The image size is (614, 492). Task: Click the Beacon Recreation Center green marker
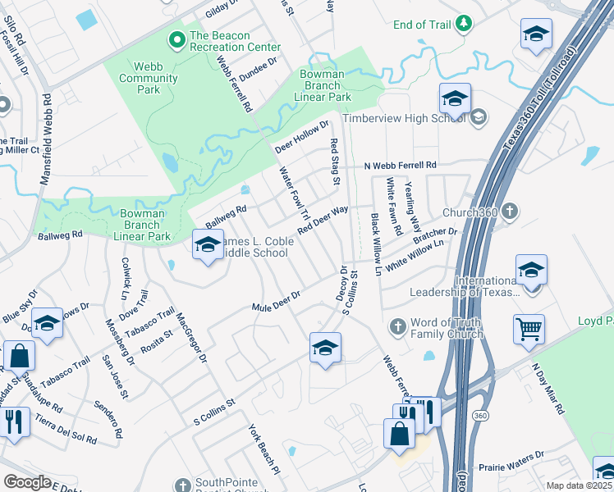(176, 38)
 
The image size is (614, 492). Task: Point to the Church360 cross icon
(510, 212)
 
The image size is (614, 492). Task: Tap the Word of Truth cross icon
(396, 326)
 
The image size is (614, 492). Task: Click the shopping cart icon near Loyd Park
(529, 330)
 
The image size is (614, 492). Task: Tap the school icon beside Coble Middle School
(207, 244)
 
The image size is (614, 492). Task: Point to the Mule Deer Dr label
(276, 301)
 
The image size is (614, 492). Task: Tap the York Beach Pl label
(265, 451)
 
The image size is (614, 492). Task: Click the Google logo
(27, 482)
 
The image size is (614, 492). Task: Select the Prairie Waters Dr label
(511, 456)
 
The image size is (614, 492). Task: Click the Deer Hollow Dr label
(301, 136)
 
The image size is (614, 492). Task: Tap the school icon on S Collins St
(325, 348)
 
